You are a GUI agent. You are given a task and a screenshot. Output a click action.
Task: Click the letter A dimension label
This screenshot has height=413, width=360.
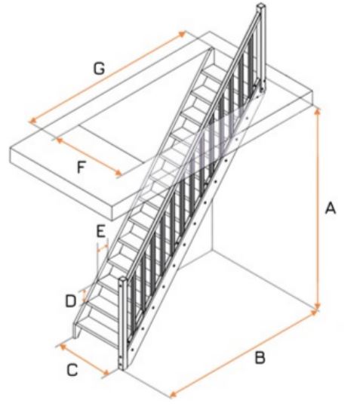pyautogui.click(x=331, y=208)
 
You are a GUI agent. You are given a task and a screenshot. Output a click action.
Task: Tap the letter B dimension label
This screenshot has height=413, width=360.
pyautogui.click(x=260, y=357)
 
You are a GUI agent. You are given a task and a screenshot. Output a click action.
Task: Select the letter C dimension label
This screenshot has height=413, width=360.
pyautogui.click(x=72, y=369)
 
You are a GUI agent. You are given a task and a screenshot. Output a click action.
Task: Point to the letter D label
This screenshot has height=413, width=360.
pyautogui.click(x=71, y=301)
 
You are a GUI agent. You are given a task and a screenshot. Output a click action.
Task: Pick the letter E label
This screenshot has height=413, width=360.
pyautogui.click(x=101, y=231)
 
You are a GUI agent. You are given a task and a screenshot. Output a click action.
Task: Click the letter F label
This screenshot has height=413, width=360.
pyautogui.click(x=82, y=167)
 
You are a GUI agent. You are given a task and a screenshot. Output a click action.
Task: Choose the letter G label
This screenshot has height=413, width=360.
pyautogui.click(x=100, y=68)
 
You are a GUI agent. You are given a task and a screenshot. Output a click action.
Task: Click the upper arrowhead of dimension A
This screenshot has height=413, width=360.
pyautogui.click(x=318, y=111)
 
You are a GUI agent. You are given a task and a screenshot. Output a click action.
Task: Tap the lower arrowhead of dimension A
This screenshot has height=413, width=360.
pyautogui.click(x=318, y=306)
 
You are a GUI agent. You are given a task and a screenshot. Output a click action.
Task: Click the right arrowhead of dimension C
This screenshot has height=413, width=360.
pyautogui.click(x=106, y=373)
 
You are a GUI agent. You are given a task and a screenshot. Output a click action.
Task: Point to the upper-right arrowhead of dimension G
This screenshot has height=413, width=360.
pyautogui.click(x=182, y=33)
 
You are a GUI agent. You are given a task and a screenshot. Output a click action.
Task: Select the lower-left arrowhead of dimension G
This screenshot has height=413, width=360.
pyautogui.click(x=32, y=121)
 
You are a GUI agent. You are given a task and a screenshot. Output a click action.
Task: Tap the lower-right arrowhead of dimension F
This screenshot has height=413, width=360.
pyautogui.click(x=118, y=174)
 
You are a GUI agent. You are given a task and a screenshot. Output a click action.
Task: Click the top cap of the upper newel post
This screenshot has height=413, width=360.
pyautogui.click(x=261, y=5)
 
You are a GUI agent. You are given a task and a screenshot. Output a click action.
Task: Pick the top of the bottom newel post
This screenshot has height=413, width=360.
pyautogui.click(x=122, y=279)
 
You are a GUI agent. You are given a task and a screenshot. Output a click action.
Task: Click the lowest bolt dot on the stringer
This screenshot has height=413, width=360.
pyautogui.click(x=133, y=350)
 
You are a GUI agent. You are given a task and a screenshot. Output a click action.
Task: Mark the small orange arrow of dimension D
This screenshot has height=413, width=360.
pyautogui.click(x=85, y=295)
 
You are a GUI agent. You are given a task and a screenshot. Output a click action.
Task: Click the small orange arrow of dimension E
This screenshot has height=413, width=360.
pyautogui.click(x=103, y=248)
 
